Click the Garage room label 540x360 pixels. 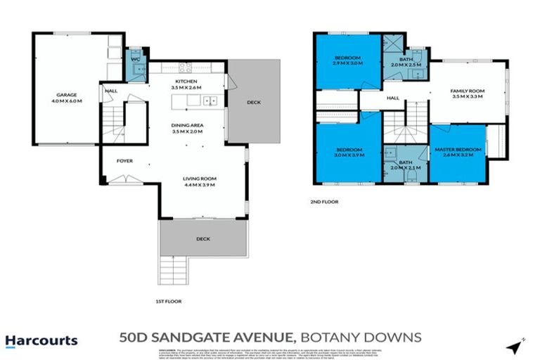[x=66, y=98]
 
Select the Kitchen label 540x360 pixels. [x=186, y=84]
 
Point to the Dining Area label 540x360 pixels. [x=186, y=128]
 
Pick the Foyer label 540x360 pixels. [x=124, y=161]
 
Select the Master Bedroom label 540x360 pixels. [x=458, y=153]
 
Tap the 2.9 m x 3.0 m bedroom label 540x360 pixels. [x=347, y=60]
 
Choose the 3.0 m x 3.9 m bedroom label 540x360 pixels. [x=348, y=153]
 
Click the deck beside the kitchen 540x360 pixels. [x=253, y=103]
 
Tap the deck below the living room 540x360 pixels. [x=203, y=239]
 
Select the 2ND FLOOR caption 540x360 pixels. [x=325, y=202]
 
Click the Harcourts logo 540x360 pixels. [x=41, y=341]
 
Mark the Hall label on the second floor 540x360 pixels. [x=392, y=98]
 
